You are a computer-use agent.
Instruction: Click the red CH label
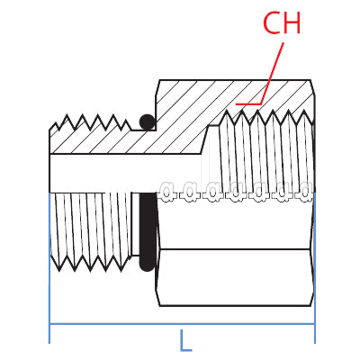click(282, 23)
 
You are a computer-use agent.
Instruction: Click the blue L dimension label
click(185, 340)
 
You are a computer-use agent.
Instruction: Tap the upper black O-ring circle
click(148, 122)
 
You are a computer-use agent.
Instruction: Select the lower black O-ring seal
click(148, 232)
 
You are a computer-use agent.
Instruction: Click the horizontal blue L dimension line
click(182, 324)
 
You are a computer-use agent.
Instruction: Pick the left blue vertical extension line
click(49, 267)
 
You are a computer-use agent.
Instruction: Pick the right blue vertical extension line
click(315, 267)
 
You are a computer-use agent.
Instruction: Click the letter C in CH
click(272, 23)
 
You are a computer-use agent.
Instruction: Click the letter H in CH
click(292, 23)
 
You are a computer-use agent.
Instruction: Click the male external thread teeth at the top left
click(90, 122)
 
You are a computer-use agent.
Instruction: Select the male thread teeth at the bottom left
click(90, 264)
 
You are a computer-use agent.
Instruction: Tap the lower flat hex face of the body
click(236, 277)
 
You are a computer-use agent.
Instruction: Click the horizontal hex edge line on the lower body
click(235, 249)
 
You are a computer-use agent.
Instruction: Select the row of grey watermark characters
click(237, 192)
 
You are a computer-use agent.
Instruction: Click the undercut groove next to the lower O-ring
click(135, 224)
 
